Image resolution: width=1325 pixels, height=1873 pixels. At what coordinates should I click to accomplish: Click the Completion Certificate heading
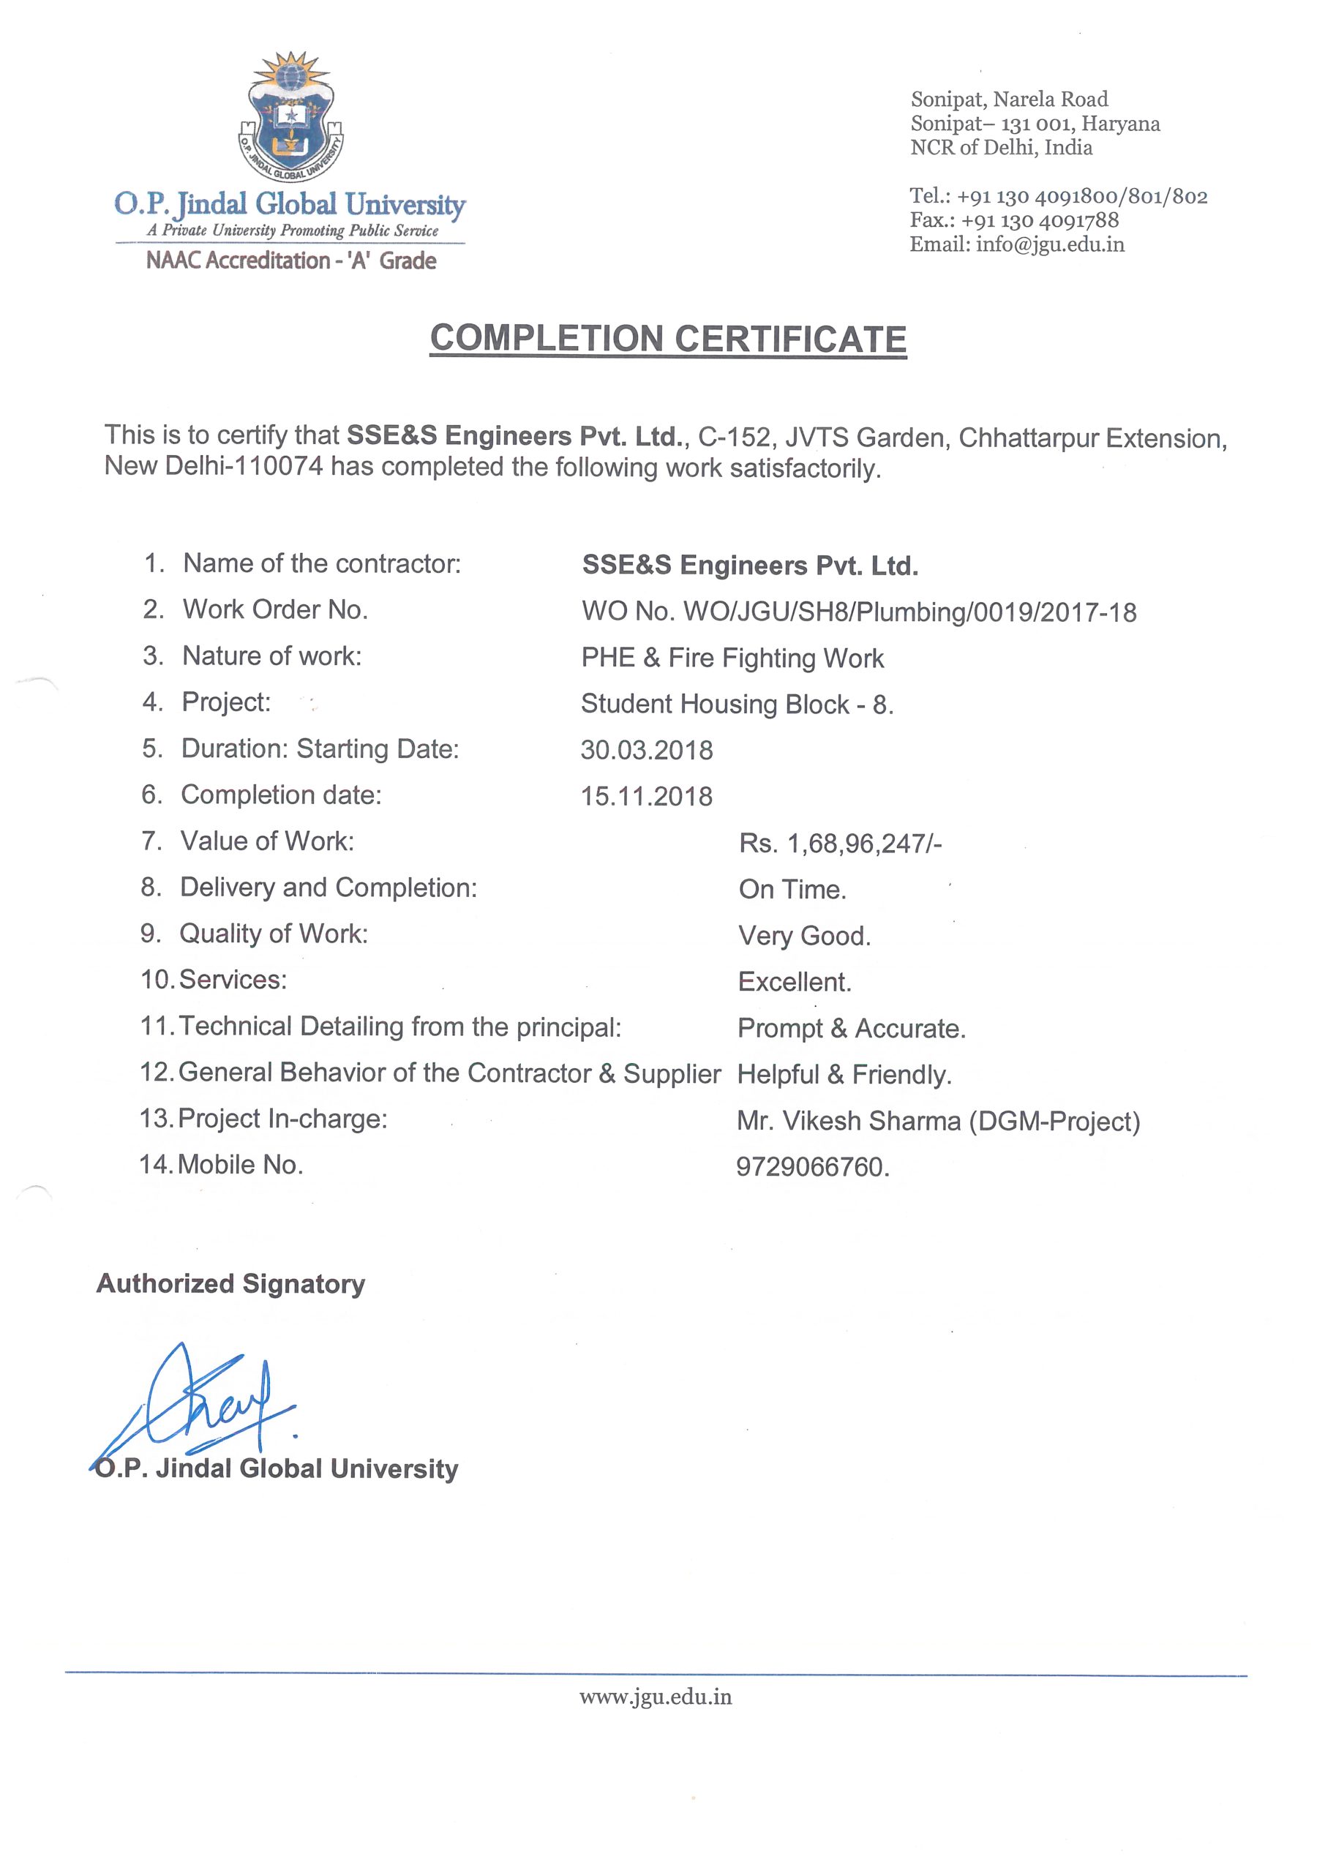[668, 339]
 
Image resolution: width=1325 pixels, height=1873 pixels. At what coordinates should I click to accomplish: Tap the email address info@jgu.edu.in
[1050, 244]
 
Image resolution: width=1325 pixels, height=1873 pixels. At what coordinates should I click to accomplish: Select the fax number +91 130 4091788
[1040, 220]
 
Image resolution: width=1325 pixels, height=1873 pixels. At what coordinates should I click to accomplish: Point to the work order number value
[858, 612]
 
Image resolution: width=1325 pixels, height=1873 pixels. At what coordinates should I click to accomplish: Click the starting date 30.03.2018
[646, 751]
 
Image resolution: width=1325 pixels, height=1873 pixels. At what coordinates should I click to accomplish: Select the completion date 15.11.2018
[646, 796]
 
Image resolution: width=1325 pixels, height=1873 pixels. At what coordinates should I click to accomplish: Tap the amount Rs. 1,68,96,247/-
[841, 844]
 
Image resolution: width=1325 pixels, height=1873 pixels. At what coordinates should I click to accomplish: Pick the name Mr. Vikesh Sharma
[849, 1122]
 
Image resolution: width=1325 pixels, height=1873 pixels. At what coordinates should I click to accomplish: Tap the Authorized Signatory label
[231, 1284]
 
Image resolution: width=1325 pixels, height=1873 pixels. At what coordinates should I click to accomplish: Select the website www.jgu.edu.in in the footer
[655, 1697]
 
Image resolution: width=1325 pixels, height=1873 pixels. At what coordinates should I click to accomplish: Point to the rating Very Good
[803, 936]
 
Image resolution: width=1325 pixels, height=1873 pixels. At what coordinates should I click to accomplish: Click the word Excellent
[794, 982]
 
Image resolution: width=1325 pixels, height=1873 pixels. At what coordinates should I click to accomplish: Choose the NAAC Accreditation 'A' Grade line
[291, 261]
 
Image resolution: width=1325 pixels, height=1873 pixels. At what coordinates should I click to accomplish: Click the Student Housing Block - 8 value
[737, 704]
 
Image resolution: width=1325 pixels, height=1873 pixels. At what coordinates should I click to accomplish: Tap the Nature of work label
[271, 656]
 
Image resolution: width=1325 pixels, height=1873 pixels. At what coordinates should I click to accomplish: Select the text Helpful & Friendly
[844, 1076]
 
